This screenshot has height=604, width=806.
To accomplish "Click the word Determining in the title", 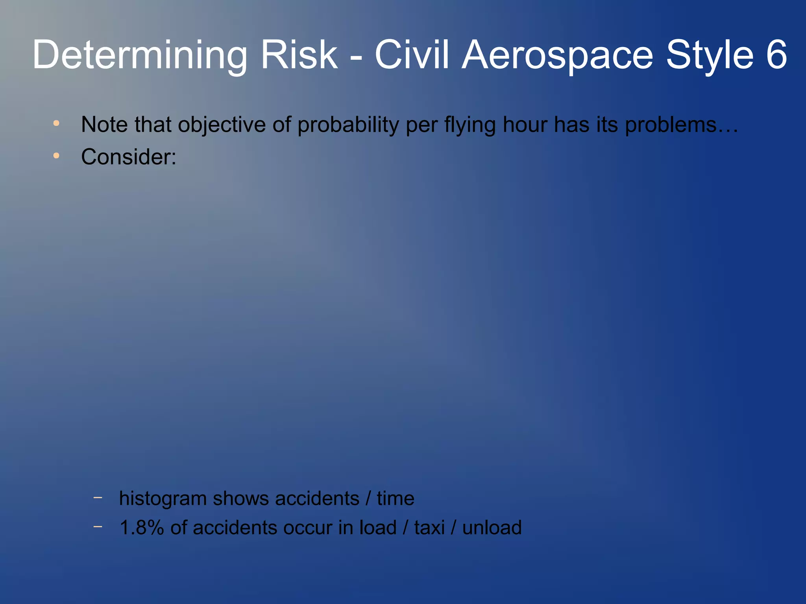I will [x=140, y=55].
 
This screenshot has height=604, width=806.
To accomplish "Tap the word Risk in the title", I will [x=299, y=55].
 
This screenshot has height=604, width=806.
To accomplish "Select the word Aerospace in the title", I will [x=557, y=55].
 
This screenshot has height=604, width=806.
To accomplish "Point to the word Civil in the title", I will [x=412, y=55].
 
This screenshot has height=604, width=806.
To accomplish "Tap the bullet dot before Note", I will [x=56, y=123].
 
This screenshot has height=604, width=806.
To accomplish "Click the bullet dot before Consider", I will [x=56, y=156].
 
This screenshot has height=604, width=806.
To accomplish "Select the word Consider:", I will [x=129, y=157].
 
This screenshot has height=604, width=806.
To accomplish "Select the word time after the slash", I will [x=395, y=499].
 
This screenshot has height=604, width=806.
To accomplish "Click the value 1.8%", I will [x=141, y=528].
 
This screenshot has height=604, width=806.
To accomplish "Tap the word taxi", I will [x=429, y=528].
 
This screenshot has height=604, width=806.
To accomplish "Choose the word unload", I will [x=492, y=528].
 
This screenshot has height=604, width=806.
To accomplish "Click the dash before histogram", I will [x=98, y=497].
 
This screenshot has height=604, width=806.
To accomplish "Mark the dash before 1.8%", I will [x=98, y=527].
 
